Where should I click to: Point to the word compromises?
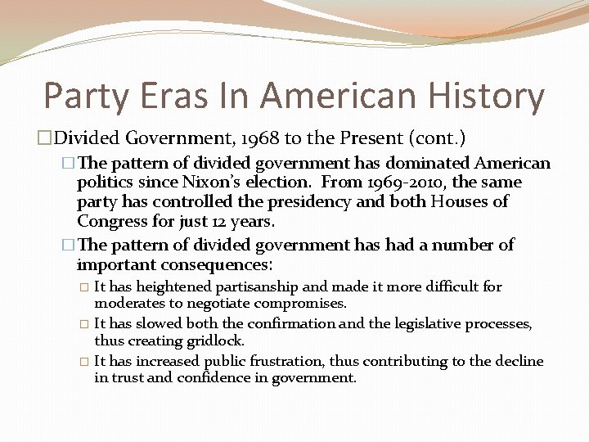(x=301, y=303)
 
